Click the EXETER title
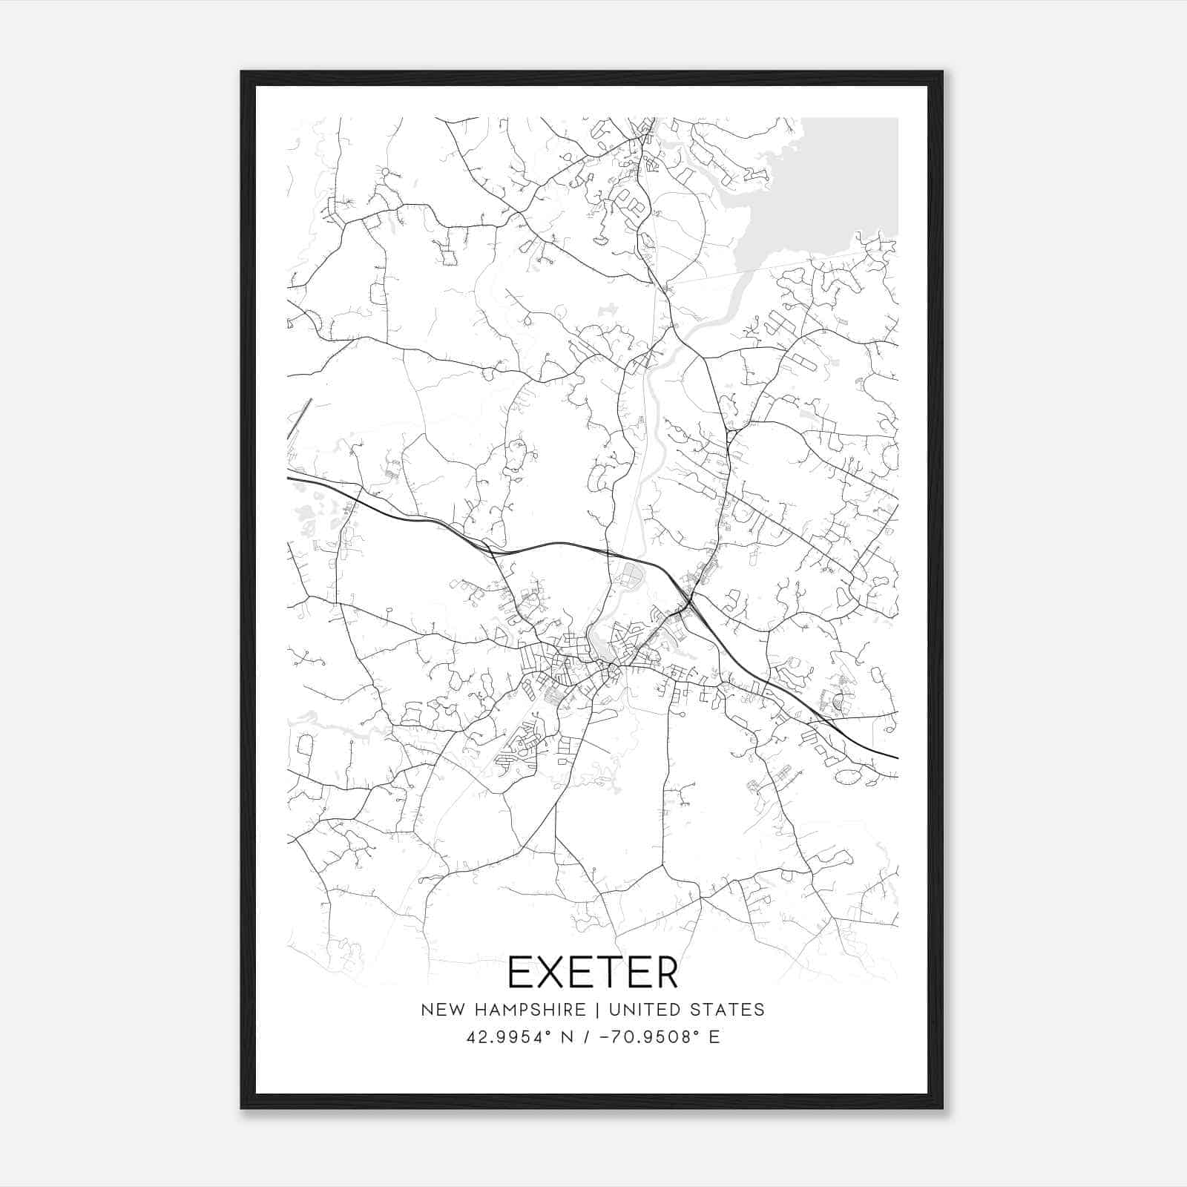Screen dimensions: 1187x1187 click(593, 973)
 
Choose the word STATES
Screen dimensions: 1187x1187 click(729, 1010)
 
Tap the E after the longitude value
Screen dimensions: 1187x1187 click(714, 1037)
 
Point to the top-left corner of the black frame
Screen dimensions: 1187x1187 click(242, 73)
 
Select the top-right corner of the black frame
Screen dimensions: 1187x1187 click(942, 73)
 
